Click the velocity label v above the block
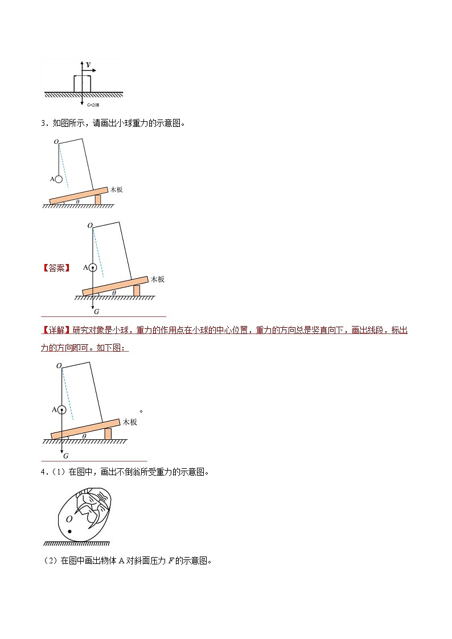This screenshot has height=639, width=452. pos(88,65)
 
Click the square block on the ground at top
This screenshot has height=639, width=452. pos(82,84)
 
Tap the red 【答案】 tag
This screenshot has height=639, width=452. pos(56,268)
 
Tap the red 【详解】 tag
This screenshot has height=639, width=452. pos(55,331)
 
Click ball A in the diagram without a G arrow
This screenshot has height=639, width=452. pos(59,179)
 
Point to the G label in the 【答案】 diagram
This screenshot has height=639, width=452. pos(96,312)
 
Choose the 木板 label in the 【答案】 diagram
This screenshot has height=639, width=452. pos(157,279)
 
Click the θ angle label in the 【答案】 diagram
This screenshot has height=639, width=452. pos(114,293)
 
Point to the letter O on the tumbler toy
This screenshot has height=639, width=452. pos(69,518)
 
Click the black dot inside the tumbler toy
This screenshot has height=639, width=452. pos(69,531)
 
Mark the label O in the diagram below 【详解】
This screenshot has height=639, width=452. pos(59,367)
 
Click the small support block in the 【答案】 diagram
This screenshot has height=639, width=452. pos(137,291)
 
